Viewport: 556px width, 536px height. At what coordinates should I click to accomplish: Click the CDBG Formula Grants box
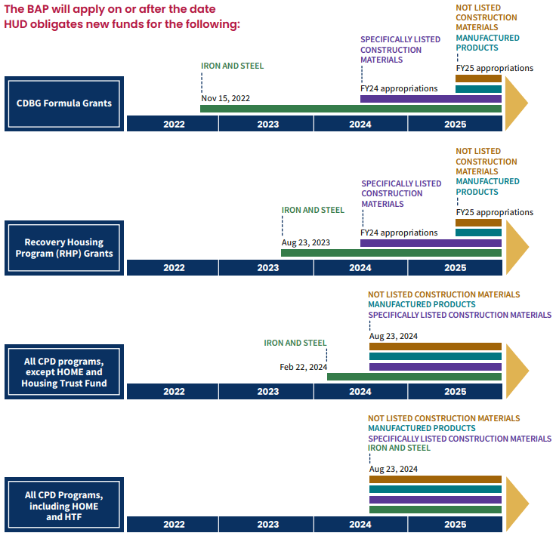(64, 103)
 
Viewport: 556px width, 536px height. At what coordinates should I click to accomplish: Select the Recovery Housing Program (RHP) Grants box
(64, 248)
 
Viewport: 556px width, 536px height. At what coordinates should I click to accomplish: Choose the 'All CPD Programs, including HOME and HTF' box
(64, 506)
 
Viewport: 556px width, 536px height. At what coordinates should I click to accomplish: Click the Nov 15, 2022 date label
(225, 98)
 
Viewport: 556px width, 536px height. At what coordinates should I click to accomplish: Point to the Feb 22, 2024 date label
(303, 367)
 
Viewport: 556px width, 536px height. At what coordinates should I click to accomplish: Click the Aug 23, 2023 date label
(305, 243)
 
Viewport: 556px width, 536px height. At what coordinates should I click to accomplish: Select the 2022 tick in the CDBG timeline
(173, 124)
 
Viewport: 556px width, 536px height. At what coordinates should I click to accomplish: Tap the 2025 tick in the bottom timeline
(455, 525)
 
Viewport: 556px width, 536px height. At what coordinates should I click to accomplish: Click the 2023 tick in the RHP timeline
(267, 268)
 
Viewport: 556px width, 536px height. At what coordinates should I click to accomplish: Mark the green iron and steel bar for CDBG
(351, 109)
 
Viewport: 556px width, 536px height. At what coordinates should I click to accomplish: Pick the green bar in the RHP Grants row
(391, 253)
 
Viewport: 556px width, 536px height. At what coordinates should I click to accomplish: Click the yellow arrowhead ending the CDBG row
(516, 103)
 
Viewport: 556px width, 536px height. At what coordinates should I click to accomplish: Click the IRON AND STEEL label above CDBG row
(232, 66)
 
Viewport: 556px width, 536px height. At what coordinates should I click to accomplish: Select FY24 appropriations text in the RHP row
(399, 233)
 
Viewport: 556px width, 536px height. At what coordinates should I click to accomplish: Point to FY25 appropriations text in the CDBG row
(494, 68)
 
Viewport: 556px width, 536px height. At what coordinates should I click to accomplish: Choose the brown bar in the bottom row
(435, 479)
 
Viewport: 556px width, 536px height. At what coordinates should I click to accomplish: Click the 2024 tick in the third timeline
(360, 392)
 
